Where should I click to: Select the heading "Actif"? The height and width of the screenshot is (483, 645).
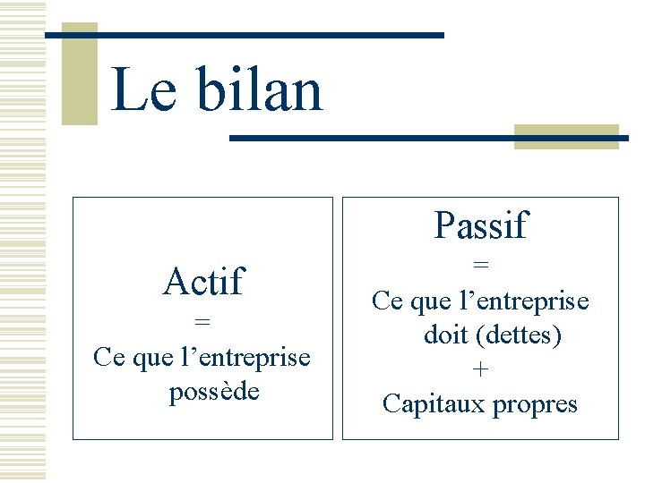pos(202,282)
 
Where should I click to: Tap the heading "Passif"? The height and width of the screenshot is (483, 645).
pos(481,225)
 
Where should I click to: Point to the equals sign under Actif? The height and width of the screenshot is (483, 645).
pos(202,321)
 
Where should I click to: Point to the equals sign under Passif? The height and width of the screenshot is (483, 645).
pos(481,265)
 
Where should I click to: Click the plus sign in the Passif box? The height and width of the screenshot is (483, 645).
pos(481,369)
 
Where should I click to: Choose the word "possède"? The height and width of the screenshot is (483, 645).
pos(214,392)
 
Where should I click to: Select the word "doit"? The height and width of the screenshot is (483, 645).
pos(445,335)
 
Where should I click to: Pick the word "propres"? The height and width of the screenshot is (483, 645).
pos(535,404)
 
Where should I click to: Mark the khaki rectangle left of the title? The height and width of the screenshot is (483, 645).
pos(79,73)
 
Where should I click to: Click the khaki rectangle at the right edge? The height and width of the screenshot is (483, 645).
pos(566,136)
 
